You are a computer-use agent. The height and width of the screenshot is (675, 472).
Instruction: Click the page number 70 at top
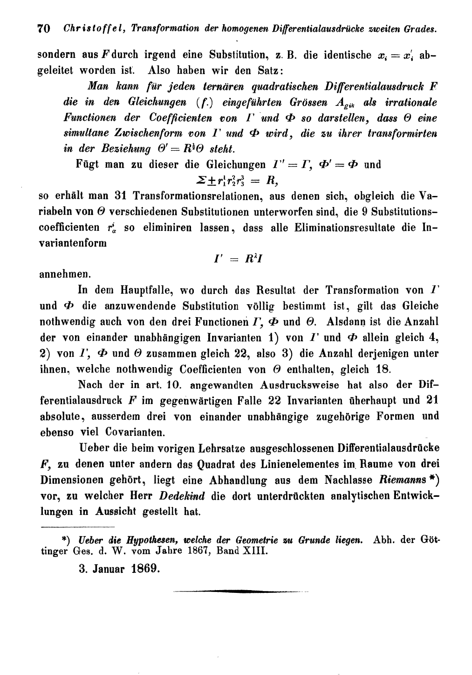[x=43, y=28]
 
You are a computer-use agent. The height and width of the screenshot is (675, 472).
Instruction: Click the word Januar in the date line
[x=104, y=570]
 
